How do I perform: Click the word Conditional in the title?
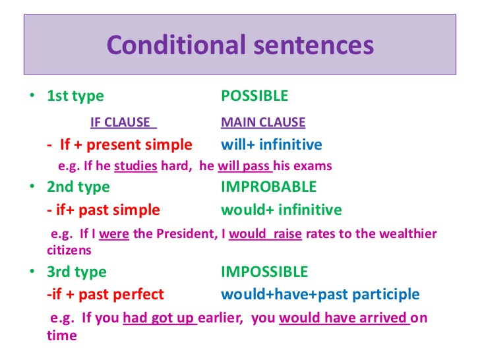point(176,45)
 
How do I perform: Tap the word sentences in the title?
point(314,45)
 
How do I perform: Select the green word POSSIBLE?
point(255,96)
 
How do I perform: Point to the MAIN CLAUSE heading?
point(263,122)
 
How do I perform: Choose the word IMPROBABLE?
point(269,187)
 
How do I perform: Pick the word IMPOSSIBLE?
point(264,272)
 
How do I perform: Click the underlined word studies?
point(136,166)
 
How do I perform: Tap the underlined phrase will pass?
point(245,166)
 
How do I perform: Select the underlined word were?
point(114,234)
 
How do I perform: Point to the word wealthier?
point(407,233)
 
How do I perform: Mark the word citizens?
point(69,251)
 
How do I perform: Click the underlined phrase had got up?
point(160,318)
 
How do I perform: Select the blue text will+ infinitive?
point(271,144)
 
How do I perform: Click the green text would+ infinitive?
point(282,210)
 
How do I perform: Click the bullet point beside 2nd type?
point(32,186)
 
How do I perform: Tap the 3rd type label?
point(76,272)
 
